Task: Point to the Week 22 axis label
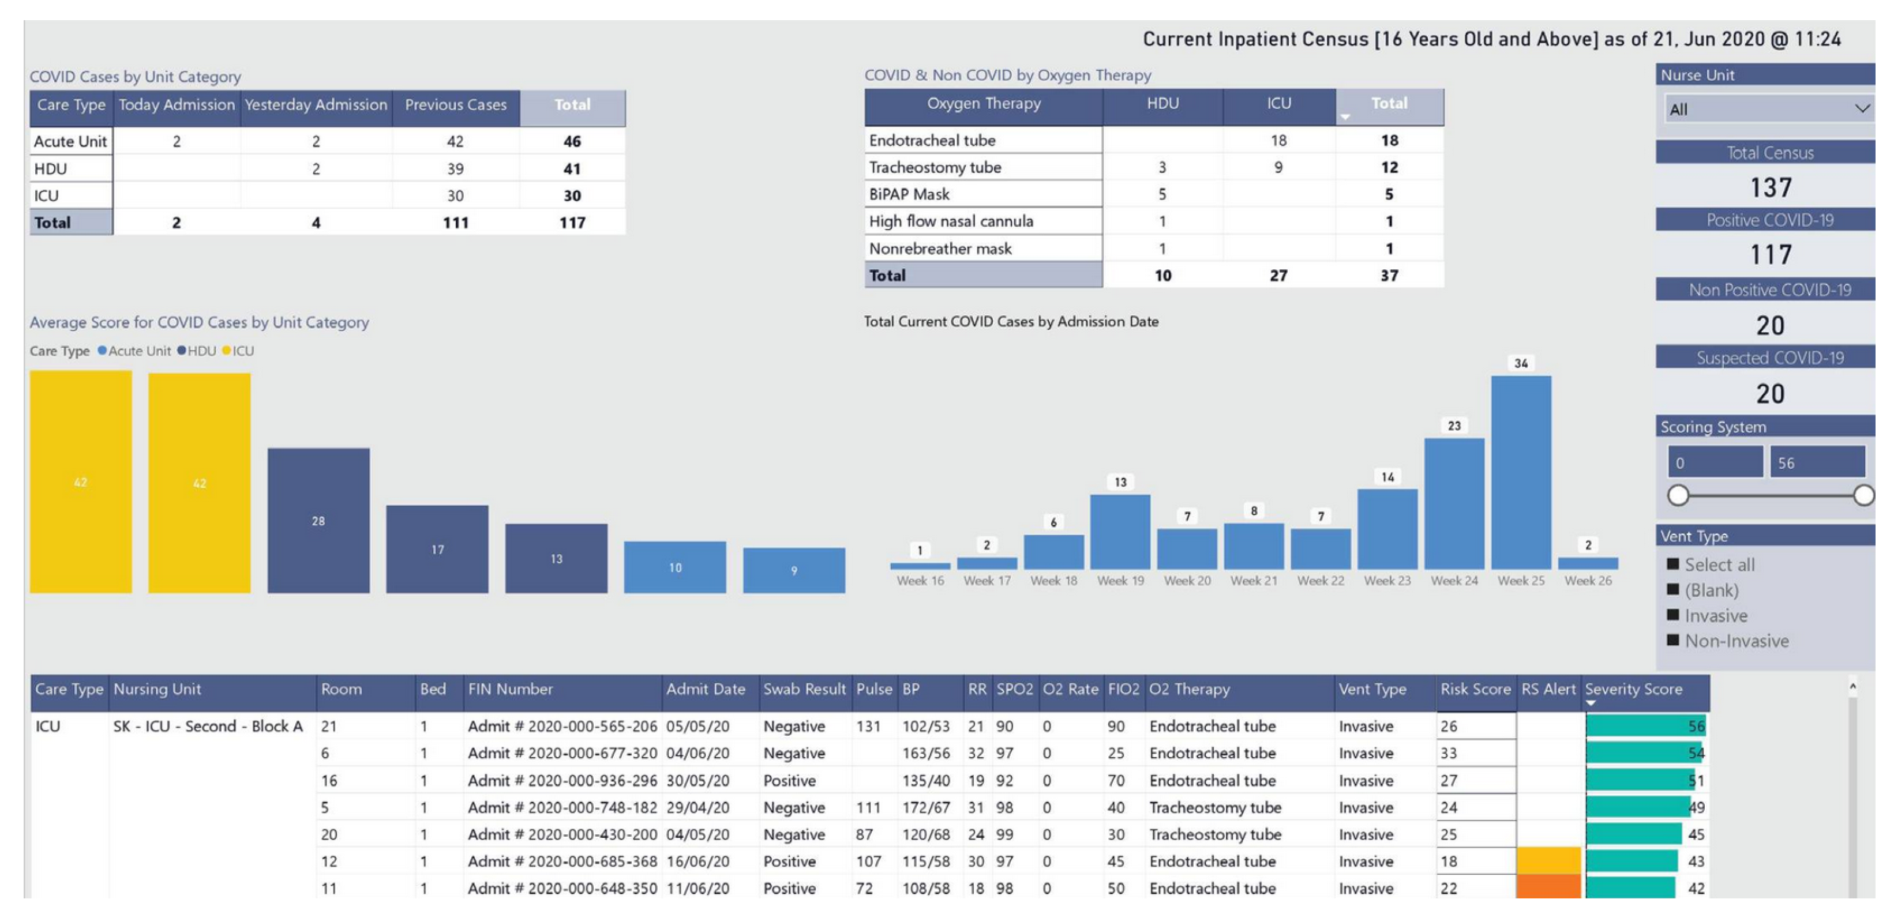pyautogui.click(x=1321, y=581)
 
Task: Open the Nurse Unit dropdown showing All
pyautogui.click(x=1768, y=110)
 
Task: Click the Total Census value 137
pyautogui.click(x=1771, y=187)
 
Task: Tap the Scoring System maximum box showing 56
pyautogui.click(x=1817, y=463)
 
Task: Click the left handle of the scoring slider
pyautogui.click(x=1678, y=495)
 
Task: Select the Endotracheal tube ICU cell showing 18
pyautogui.click(x=1278, y=140)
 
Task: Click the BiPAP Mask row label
pyautogui.click(x=910, y=194)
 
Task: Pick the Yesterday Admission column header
pyautogui.click(x=316, y=105)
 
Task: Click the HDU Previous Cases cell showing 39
pyautogui.click(x=455, y=169)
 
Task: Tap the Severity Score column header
pyautogui.click(x=1634, y=690)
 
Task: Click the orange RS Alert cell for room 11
pyautogui.click(x=1548, y=887)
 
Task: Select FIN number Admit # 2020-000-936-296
pyautogui.click(x=562, y=781)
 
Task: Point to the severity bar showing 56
pyautogui.click(x=1645, y=726)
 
